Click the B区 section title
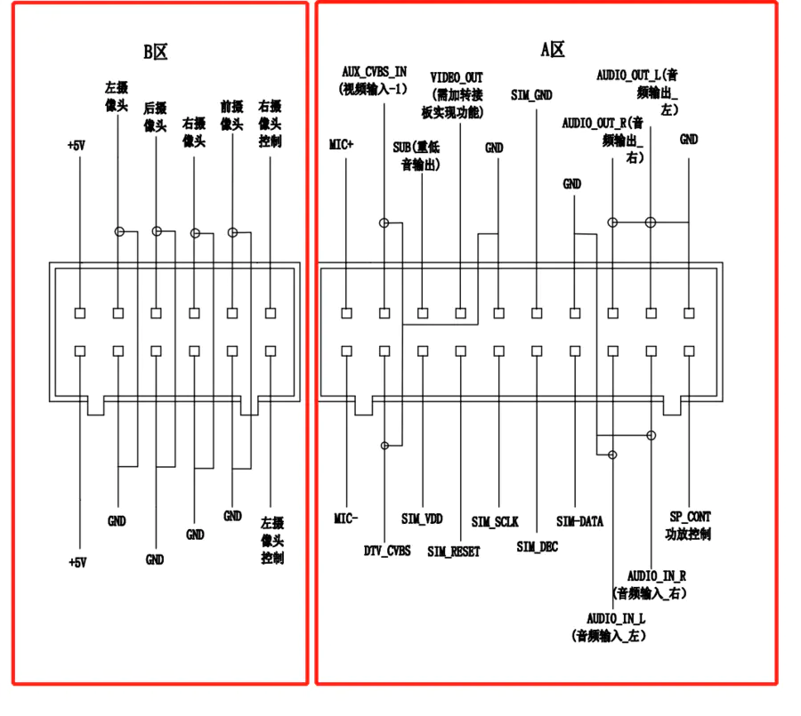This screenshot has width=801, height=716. pyautogui.click(x=155, y=52)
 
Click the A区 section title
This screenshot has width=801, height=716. pyautogui.click(x=553, y=50)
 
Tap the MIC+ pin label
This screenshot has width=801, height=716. pyautogui.click(x=341, y=144)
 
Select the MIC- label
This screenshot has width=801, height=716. pyautogui.click(x=346, y=519)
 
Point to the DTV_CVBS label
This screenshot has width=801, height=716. pyautogui.click(x=387, y=551)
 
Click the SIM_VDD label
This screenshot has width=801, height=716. pyautogui.click(x=422, y=519)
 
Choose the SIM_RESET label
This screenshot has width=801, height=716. pyautogui.click(x=454, y=551)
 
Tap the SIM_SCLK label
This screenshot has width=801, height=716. pyautogui.click(x=495, y=521)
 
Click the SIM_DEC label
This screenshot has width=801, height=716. pyautogui.click(x=538, y=547)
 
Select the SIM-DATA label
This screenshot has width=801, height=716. pyautogui.click(x=579, y=521)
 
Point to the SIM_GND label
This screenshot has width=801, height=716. pyautogui.click(x=532, y=95)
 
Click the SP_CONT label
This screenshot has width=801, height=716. pyautogui.click(x=690, y=517)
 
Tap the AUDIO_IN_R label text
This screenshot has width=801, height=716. pyautogui.click(x=657, y=576)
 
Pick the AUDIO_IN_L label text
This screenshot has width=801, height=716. pyautogui.click(x=616, y=619)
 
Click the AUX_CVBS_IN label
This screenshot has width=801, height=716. pyautogui.click(x=375, y=71)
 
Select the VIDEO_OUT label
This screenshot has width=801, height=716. pyautogui.click(x=457, y=77)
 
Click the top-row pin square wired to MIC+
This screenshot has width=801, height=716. pyautogui.click(x=346, y=313)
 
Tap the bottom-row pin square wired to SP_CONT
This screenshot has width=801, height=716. pyautogui.click(x=689, y=350)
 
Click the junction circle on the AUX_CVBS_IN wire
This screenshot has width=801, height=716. pyautogui.click(x=384, y=222)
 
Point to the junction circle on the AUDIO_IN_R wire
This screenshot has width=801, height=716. pyautogui.click(x=651, y=435)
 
